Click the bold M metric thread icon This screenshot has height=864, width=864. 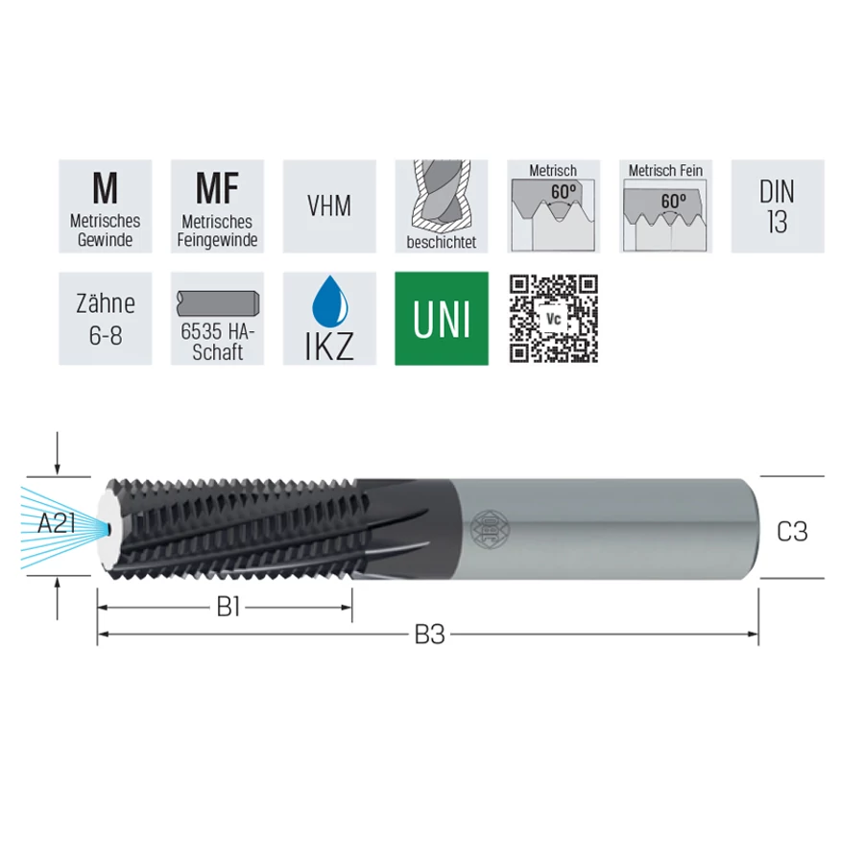106,206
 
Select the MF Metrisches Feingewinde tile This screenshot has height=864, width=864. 217,206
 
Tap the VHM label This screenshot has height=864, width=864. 329,206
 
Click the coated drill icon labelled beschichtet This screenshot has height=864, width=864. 442,206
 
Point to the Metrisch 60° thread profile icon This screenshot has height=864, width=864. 554,206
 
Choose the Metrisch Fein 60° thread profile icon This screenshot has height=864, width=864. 665,206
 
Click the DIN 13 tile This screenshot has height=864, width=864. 778,206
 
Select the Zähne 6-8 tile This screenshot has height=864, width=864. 106,319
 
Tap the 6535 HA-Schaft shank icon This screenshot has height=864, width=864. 217,319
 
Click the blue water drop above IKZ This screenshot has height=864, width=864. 329,302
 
